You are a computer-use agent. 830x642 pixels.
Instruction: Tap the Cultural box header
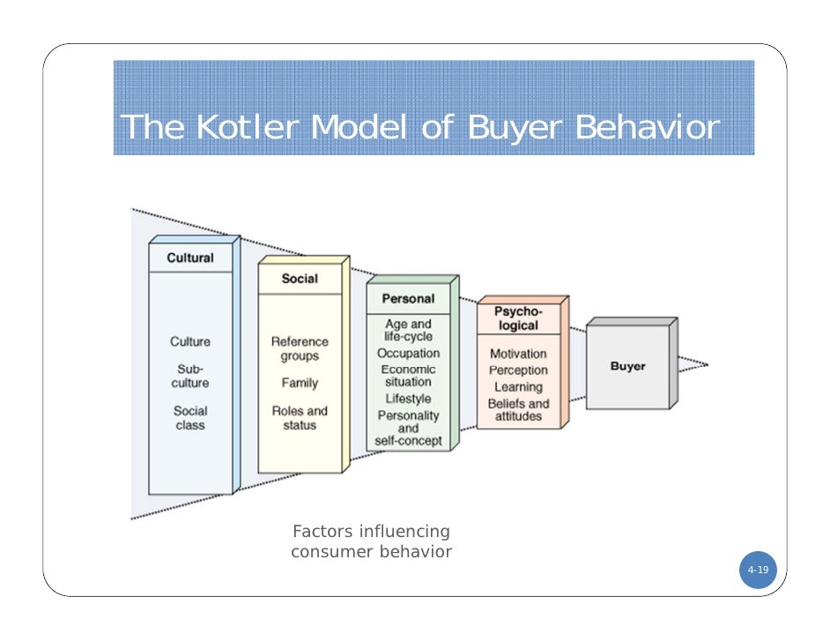[190, 258]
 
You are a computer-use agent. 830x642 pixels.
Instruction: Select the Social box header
[300, 279]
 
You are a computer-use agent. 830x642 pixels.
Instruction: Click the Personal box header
[408, 299]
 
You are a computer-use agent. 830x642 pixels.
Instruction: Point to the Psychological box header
[518, 318]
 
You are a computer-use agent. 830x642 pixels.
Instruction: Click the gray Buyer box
[627, 366]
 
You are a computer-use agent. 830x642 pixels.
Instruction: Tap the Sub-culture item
[190, 377]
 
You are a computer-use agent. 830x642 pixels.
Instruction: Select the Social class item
[190, 418]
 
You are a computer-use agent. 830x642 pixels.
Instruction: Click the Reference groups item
[300, 349]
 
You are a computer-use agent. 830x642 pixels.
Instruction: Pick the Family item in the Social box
[300, 384]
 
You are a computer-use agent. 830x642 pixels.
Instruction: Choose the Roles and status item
[300, 418]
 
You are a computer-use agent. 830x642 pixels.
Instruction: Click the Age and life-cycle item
[408, 331]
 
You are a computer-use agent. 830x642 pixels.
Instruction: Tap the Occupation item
[408, 354]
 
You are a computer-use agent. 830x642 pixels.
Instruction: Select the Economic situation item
[408, 376]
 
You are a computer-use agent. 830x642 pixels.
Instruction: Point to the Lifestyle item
[408, 399]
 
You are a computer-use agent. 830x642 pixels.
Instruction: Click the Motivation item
[518, 354]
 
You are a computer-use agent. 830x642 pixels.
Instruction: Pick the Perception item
[518, 370]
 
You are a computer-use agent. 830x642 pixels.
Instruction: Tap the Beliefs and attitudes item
[518, 410]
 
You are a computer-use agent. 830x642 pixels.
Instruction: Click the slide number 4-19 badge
[758, 571]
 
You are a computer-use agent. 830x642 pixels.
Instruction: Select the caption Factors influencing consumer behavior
[371, 542]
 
